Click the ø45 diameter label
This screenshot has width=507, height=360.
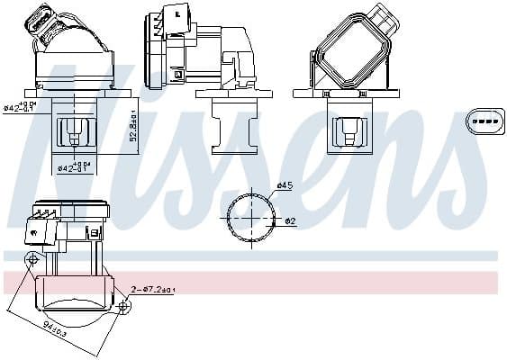[x=285, y=186]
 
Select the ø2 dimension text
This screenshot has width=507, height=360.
[x=290, y=220]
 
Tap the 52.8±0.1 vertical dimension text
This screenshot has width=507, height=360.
[x=132, y=126]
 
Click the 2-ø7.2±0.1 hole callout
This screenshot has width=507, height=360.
[x=153, y=290]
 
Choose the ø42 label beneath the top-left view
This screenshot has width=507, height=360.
[x=72, y=166]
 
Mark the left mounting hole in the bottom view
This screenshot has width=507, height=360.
[x=33, y=260]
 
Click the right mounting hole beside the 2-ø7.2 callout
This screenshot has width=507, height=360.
[x=123, y=307]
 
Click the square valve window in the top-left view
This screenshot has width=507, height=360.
[x=72, y=133]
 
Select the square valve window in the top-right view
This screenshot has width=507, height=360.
[x=347, y=133]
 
